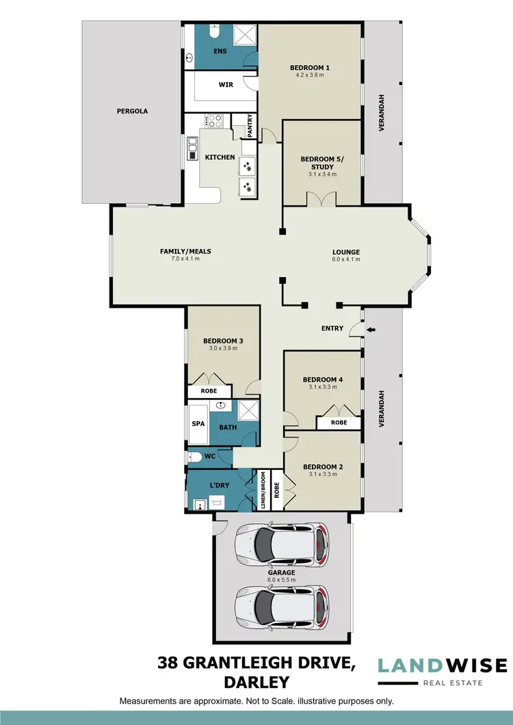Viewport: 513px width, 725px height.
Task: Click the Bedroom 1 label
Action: [x=310, y=67]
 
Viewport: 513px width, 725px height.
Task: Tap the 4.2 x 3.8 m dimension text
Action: [x=310, y=75]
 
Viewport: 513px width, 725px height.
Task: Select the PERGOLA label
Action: [x=132, y=111]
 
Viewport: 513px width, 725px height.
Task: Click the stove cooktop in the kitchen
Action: [x=215, y=121]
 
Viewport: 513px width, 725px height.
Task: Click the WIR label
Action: [x=226, y=85]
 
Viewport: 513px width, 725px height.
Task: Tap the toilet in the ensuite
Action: [x=213, y=33]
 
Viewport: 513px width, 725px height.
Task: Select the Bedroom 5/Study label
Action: [x=318, y=163]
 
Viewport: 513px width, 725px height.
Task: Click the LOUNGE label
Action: [x=346, y=252]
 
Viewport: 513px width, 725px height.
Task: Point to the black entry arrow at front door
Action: [x=371, y=330]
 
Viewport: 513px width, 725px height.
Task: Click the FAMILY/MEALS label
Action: [x=185, y=251]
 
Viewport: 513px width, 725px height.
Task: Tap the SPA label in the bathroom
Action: [x=198, y=423]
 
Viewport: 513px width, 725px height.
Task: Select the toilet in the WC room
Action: [x=196, y=456]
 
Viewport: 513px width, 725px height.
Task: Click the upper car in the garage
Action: [x=282, y=545]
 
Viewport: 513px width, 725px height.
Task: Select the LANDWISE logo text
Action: [x=443, y=665]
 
